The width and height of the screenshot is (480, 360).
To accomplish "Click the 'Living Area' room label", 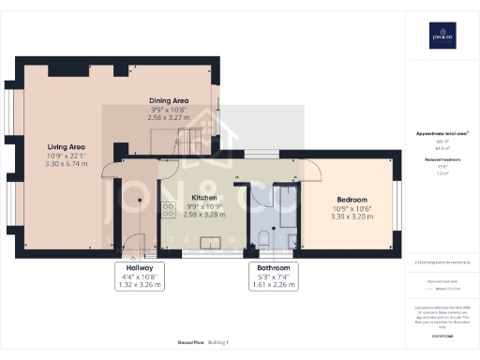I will click(67, 146).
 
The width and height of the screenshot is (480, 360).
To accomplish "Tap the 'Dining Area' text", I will click(170, 100).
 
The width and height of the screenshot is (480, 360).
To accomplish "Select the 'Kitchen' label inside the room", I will click(204, 199).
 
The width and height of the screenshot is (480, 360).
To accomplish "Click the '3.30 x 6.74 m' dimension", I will click(67, 163).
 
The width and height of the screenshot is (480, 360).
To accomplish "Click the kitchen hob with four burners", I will click(169, 210).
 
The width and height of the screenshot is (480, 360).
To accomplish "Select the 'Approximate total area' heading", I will click(442, 134).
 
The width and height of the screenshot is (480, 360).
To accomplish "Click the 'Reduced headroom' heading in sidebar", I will click(442, 160).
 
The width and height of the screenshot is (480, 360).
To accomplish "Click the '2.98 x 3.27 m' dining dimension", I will click(170, 118).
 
